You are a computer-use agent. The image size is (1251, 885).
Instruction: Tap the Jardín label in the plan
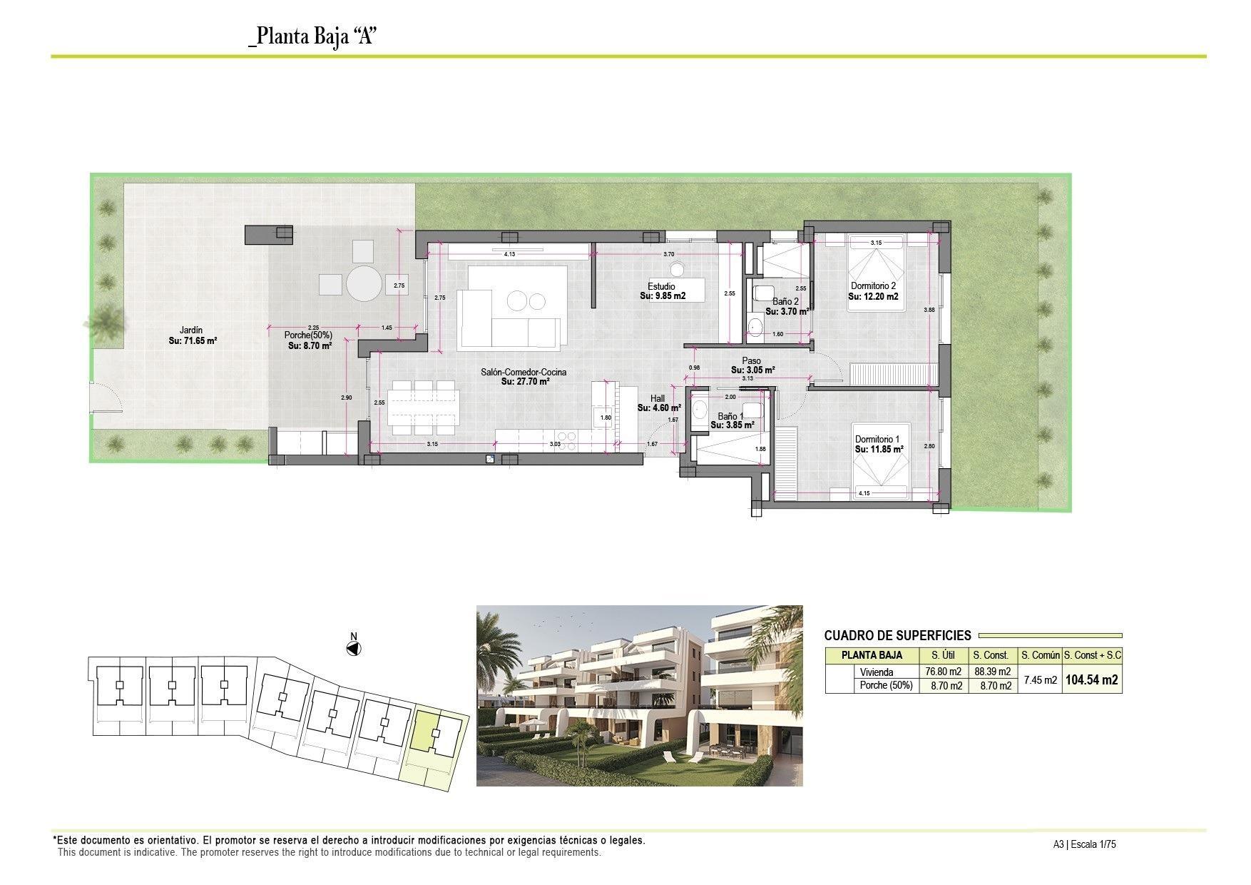(x=191, y=330)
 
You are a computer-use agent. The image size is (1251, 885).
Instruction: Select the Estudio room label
(x=662, y=286)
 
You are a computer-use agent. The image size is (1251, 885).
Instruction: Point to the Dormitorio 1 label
(x=877, y=439)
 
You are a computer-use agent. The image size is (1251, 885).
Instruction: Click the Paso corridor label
(x=751, y=361)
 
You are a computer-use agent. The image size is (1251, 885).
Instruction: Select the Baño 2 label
(x=785, y=302)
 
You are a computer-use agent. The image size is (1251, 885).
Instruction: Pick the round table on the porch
(x=364, y=284)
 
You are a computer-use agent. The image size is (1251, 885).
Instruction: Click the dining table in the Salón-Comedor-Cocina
(x=424, y=408)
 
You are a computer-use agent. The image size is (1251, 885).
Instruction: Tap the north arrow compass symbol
(x=353, y=648)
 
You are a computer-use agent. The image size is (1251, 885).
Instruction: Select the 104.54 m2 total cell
(x=1091, y=680)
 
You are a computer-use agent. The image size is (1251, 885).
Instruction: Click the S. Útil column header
(x=944, y=655)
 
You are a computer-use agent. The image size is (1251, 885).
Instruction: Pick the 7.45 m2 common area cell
(x=1040, y=680)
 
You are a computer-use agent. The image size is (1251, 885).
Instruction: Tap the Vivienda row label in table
(x=876, y=672)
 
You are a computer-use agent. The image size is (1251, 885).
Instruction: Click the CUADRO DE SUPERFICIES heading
(x=897, y=635)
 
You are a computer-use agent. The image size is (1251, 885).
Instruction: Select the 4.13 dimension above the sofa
(x=509, y=253)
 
